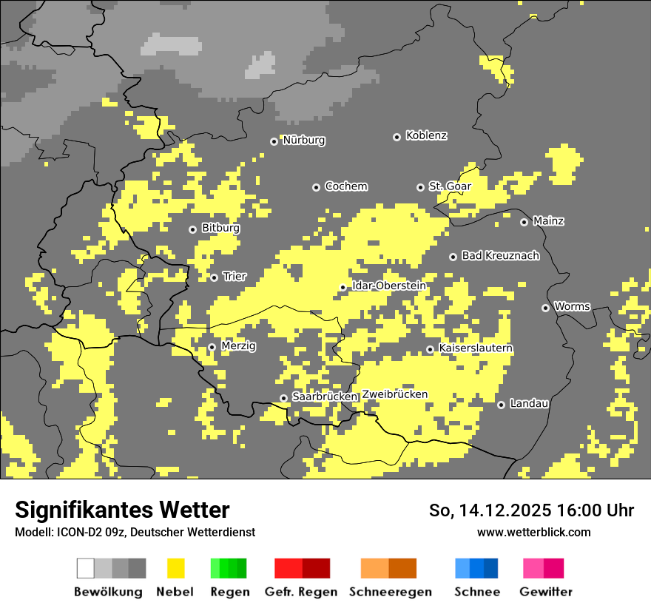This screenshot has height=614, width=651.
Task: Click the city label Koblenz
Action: (426, 136)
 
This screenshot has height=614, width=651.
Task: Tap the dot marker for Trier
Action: (215, 277)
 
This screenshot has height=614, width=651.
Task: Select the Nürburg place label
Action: (304, 141)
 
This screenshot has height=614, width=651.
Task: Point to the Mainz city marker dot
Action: (524, 222)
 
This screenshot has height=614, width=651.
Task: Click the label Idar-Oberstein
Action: (389, 286)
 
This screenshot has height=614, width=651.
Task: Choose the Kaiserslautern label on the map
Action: (476, 348)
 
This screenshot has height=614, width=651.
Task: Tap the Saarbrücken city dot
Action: (283, 398)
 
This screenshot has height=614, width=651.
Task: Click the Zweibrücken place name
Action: (395, 395)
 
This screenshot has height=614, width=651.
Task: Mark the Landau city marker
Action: (502, 405)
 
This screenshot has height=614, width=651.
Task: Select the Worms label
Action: (572, 306)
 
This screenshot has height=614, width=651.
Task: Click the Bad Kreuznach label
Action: (500, 256)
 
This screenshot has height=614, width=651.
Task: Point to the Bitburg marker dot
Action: (193, 229)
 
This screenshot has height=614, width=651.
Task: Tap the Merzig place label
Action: (238, 346)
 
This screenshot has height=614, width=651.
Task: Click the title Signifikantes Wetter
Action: (122, 510)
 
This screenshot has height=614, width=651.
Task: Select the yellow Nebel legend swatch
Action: (175, 568)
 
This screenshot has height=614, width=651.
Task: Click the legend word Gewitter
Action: (546, 592)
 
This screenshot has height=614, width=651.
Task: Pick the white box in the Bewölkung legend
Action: (86, 568)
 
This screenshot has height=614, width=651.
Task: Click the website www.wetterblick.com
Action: (533, 532)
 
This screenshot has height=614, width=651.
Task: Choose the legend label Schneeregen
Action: (391, 592)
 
